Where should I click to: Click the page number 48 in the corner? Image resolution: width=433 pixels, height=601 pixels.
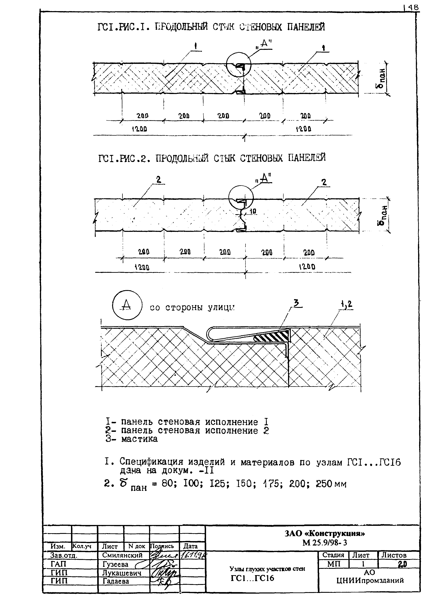[413, 8]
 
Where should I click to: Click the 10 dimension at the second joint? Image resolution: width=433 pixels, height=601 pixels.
[253, 211]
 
